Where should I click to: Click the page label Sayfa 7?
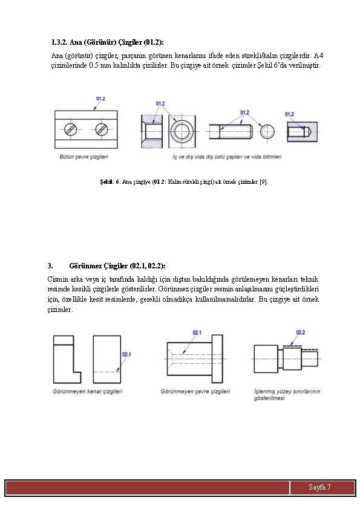coord(319,487)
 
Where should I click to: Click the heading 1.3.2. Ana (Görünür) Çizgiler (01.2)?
coord(108,42)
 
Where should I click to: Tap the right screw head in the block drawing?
coord(102,129)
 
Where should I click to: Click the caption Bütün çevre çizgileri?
coord(84,157)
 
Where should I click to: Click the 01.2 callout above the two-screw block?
coord(100,99)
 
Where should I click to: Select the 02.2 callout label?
coord(301,332)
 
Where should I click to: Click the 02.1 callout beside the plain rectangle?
coord(126,354)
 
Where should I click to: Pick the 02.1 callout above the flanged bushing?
coord(197,332)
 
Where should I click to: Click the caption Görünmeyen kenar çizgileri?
coord(87,392)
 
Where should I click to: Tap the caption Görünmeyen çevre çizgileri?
coord(195,392)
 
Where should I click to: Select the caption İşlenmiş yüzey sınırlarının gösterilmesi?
coord(287,395)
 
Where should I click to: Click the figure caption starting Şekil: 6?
coord(184,182)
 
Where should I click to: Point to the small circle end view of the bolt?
coord(267,132)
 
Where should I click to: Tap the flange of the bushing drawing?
coord(217,358)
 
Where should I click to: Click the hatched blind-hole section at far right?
coord(302,132)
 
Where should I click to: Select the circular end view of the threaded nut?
coord(182,131)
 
